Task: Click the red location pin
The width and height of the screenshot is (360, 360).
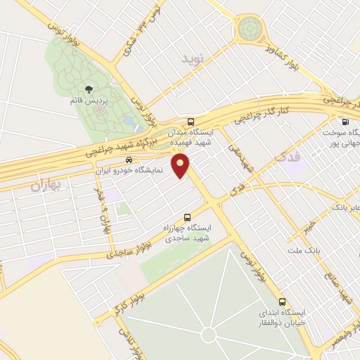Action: pyautogui.click(x=182, y=167)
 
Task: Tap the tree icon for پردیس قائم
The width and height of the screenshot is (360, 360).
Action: pyautogui.click(x=90, y=89)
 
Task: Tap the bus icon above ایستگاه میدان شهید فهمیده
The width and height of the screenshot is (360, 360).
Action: pyautogui.click(x=191, y=120)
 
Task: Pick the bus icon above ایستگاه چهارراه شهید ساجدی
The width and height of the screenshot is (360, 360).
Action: pyautogui.click(x=187, y=217)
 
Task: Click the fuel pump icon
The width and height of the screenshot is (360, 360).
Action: pyautogui.click(x=345, y=121)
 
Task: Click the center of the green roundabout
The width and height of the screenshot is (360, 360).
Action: pyautogui.click(x=248, y=29)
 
